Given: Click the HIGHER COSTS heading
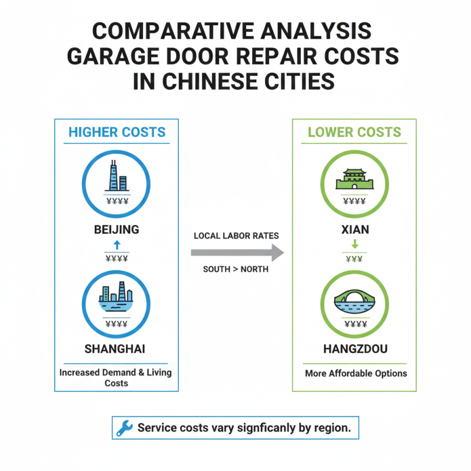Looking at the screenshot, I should coord(117,132).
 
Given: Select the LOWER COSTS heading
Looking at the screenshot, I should coord(354,132).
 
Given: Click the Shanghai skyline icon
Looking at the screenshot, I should coord(117,296).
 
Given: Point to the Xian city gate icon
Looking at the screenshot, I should coord(354,178).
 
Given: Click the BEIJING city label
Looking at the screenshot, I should coord(117,230).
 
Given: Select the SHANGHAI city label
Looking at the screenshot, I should coord(115,349).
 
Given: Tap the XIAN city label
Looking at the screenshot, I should coord(354,230).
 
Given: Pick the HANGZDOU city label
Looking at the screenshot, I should coord(356,349).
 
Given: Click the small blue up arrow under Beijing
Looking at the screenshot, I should coord(117,244).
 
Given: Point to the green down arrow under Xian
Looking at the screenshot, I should coord(354,244).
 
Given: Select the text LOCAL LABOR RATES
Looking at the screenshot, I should coord(236,236).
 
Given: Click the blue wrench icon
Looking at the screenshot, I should coord(124,429).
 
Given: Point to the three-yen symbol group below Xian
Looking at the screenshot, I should coord(354,259).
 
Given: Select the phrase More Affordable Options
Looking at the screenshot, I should coord(356,373).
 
